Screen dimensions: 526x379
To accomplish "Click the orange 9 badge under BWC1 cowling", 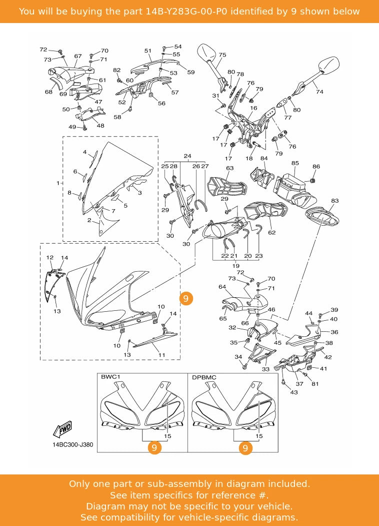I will coord(154,448).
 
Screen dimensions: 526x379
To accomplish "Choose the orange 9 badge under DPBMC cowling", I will coord(245,448).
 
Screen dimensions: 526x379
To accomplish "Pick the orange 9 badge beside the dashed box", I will coord(185,299).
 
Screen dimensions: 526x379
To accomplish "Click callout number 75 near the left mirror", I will coord(222,55).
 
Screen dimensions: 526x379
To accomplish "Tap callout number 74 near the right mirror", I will coord(319,92).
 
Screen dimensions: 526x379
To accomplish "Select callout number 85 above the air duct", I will coord(295,163).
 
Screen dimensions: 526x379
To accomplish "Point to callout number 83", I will coord(334,201).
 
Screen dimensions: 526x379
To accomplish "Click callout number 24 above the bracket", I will coord(187,156).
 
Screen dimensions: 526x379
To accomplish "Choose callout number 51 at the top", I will coord(148,51).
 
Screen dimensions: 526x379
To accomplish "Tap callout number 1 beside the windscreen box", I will coord(58,183).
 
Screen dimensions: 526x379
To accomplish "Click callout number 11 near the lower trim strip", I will coord(161,355).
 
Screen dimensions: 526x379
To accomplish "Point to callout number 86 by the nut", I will coord(316,167).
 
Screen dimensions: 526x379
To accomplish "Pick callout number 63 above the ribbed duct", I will coord(230,169).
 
